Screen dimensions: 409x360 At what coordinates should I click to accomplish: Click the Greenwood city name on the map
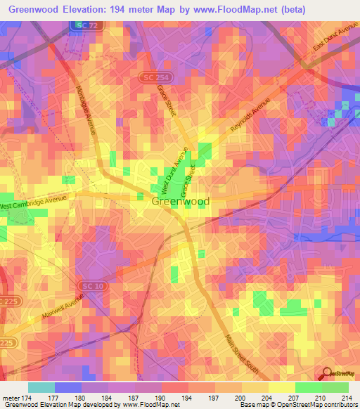pyautogui.click(x=180, y=201)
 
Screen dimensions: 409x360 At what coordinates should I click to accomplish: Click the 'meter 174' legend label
pyautogui.click(x=15, y=397)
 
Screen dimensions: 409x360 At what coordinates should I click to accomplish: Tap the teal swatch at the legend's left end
pyautogui.click(x=41, y=387)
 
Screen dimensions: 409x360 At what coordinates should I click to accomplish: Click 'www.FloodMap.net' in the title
pyautogui.click(x=253, y=8)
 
